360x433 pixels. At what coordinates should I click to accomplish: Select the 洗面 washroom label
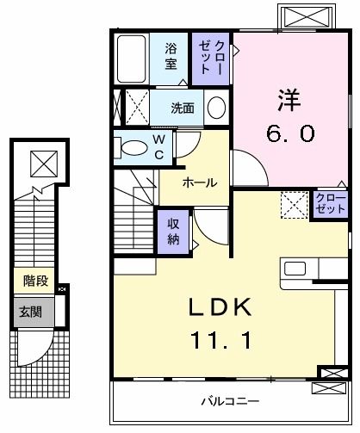tap(182, 108)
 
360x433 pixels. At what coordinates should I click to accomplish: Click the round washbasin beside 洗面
tap(216, 109)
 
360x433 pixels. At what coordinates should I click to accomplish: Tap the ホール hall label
tap(199, 182)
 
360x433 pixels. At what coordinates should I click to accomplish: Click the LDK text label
tap(220, 307)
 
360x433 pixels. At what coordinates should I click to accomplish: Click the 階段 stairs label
tap(34, 280)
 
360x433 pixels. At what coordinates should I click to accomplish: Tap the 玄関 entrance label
tap(30, 311)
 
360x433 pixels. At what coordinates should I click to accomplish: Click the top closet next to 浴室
tap(211, 56)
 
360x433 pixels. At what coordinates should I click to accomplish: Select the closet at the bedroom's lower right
tap(329, 204)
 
